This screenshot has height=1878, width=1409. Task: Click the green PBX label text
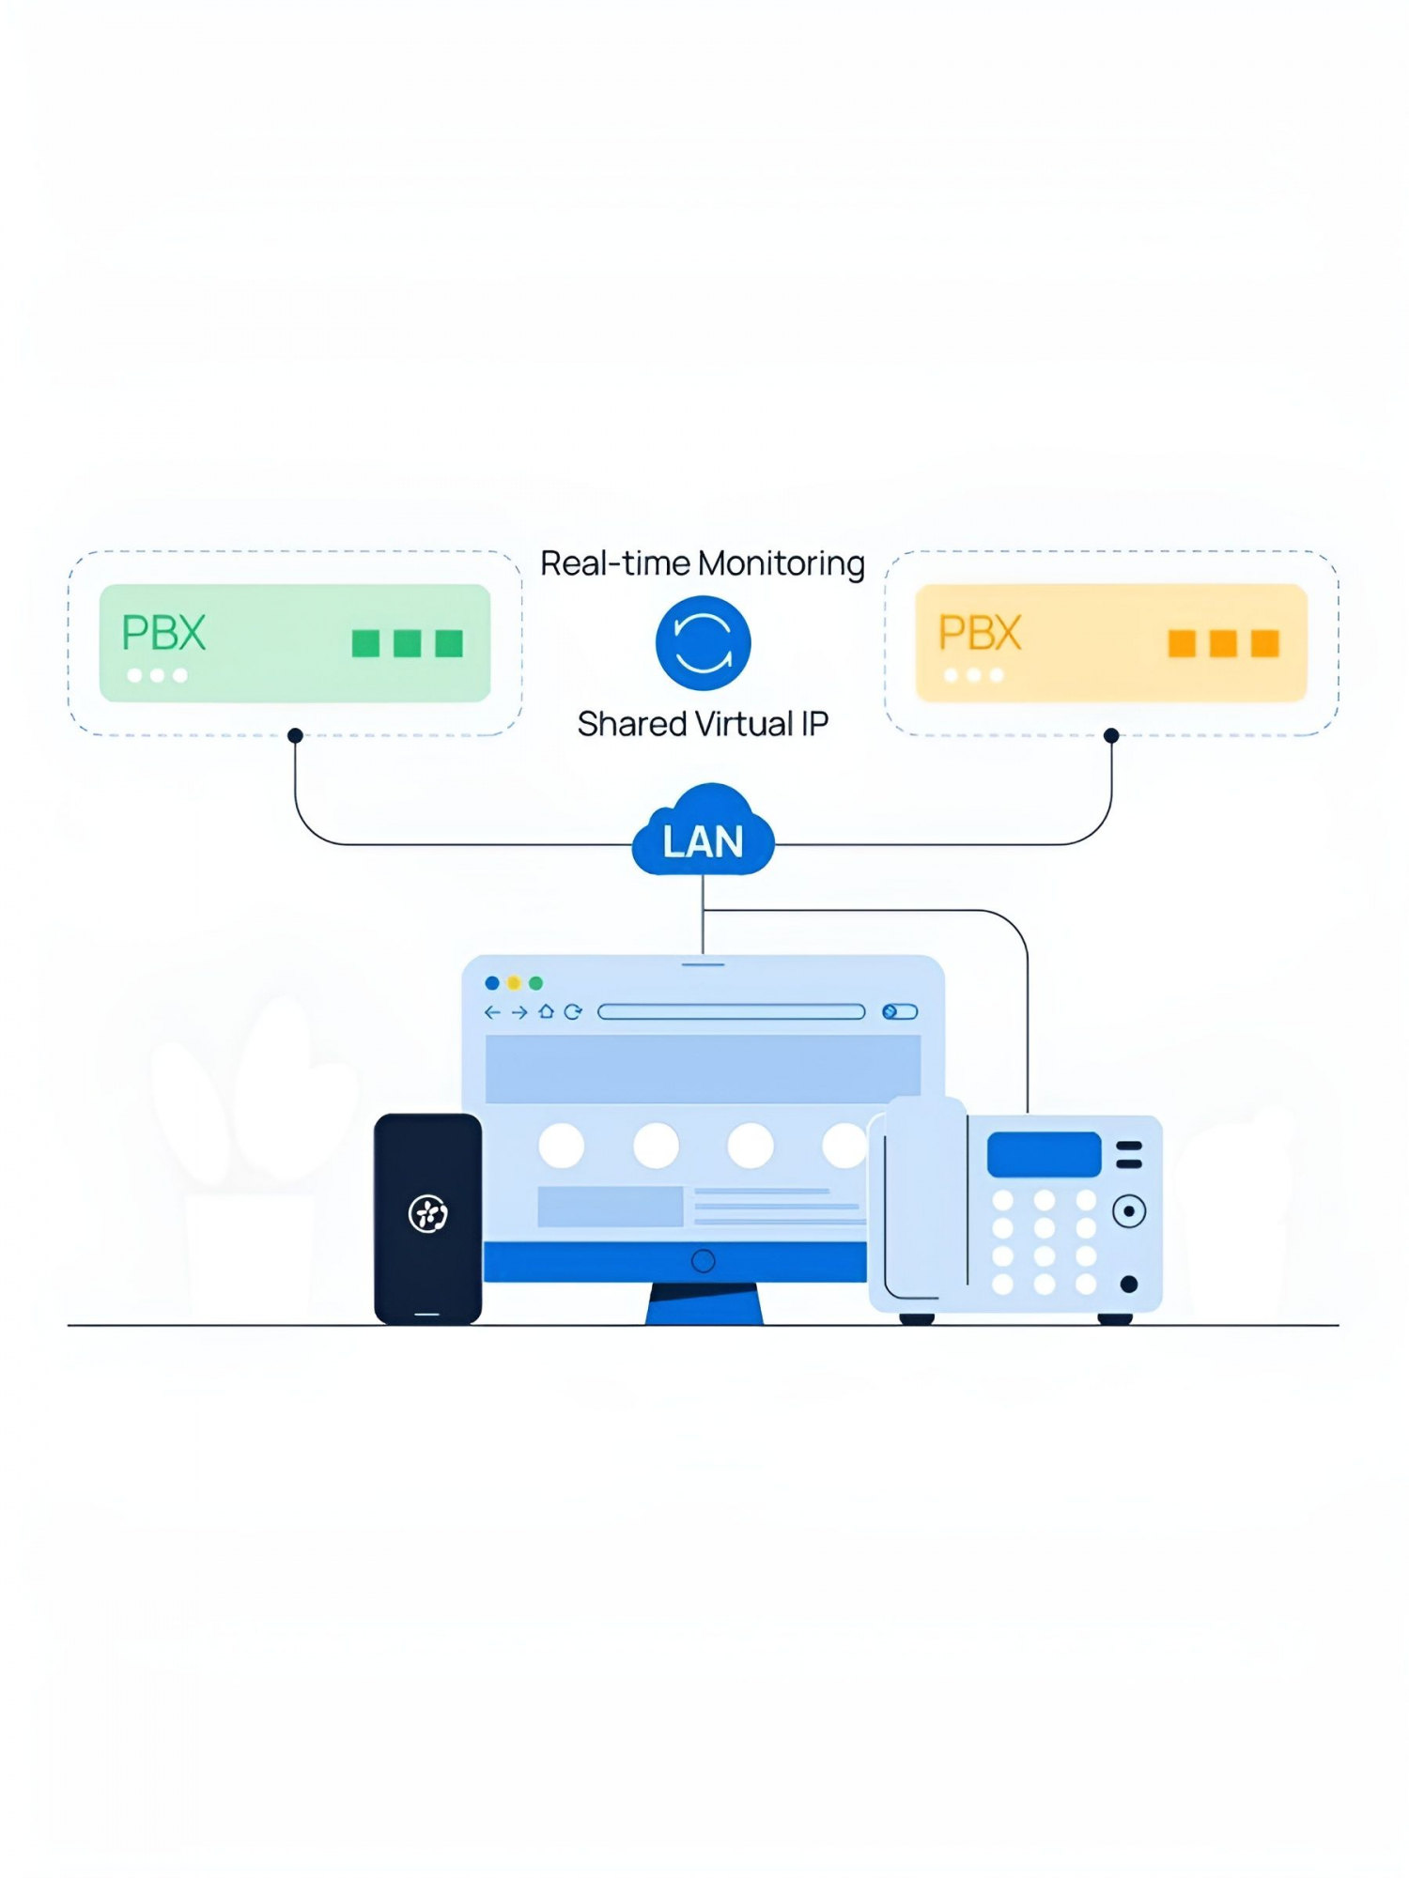163,633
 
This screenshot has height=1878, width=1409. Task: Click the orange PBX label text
980,633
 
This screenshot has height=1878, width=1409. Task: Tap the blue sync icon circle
703,643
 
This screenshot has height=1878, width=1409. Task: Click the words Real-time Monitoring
703,563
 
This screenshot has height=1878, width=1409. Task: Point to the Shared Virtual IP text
703,724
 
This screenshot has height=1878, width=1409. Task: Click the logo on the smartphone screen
427,1214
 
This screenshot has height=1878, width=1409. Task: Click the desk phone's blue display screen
1044,1154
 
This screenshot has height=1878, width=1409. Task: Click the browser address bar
731,1011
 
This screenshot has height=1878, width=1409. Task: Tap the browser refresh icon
573,1011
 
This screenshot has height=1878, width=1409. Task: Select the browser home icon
546,1011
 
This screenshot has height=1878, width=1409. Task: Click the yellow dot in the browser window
514,983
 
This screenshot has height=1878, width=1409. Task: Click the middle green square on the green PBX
407,643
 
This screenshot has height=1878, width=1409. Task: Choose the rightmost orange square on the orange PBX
1264,643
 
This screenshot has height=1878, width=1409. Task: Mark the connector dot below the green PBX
295,735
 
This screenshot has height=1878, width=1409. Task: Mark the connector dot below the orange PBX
1111,735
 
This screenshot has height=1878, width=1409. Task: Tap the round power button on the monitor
703,1261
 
